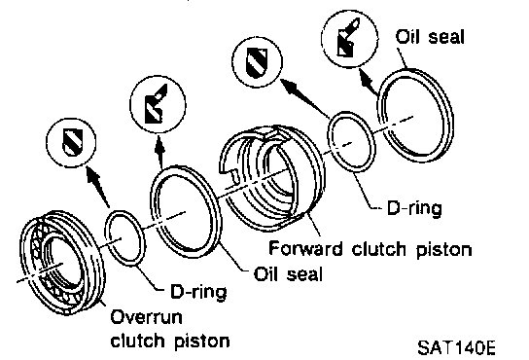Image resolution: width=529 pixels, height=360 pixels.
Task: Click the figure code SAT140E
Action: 456,348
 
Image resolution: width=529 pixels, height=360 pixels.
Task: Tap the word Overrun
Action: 146,317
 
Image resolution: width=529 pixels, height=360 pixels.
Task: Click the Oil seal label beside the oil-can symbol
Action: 430,36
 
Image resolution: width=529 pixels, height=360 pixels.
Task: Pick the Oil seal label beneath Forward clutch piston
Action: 288,273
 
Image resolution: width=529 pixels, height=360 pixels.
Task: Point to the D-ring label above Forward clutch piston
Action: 414,208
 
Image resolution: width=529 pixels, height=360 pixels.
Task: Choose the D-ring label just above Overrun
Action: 198,292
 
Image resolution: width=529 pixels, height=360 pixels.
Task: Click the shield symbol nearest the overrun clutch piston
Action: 72,142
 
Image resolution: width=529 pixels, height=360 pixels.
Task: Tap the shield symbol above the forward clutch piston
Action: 257,62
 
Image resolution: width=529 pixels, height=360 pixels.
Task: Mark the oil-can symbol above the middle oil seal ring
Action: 156,104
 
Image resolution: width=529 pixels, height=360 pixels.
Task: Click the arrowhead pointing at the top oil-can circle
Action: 366,78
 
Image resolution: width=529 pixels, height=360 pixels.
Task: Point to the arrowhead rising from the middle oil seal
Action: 159,146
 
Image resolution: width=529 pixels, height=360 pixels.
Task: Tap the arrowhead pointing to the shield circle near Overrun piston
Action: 93,174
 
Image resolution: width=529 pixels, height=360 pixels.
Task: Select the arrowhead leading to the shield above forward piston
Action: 291,87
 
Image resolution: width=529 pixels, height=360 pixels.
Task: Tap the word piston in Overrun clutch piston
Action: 202,342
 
